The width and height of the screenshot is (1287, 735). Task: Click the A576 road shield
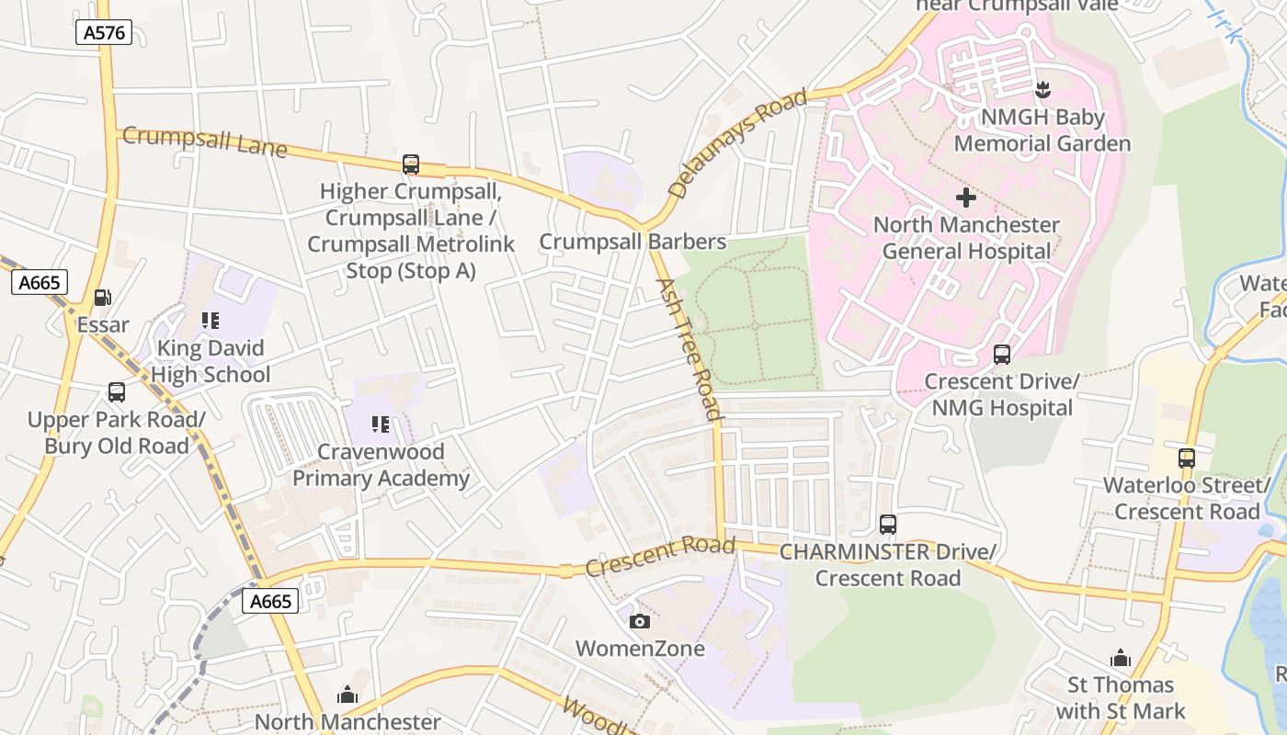coord(104,33)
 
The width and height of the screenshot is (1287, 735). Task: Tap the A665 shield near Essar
coord(40,282)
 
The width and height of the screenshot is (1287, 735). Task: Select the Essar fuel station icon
coord(103,298)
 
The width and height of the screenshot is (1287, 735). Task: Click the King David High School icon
coord(211,321)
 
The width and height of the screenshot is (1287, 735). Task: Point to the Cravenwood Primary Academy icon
coord(381,424)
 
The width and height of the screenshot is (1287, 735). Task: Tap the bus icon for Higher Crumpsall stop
coord(411,164)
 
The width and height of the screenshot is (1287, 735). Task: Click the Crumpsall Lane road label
coord(204,141)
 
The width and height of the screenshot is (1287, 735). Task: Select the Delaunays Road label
coord(737,143)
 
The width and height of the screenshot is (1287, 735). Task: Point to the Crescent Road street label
coord(659,557)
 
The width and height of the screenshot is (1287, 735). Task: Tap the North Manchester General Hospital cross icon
coord(965,198)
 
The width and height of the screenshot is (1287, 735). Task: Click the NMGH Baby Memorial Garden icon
coord(1042,90)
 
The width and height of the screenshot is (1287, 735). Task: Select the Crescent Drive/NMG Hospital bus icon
coord(1002,354)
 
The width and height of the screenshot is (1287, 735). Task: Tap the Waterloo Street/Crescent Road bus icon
coord(1187,458)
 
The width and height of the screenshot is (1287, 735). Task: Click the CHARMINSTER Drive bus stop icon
coord(888,525)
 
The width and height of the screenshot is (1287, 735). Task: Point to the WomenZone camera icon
coord(640,622)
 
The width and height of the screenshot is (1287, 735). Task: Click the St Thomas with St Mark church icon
coord(1120,658)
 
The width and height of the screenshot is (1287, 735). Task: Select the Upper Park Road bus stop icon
coord(117,392)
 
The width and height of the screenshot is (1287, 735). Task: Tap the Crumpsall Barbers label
coord(632,242)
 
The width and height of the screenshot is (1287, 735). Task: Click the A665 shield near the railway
coord(271,601)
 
